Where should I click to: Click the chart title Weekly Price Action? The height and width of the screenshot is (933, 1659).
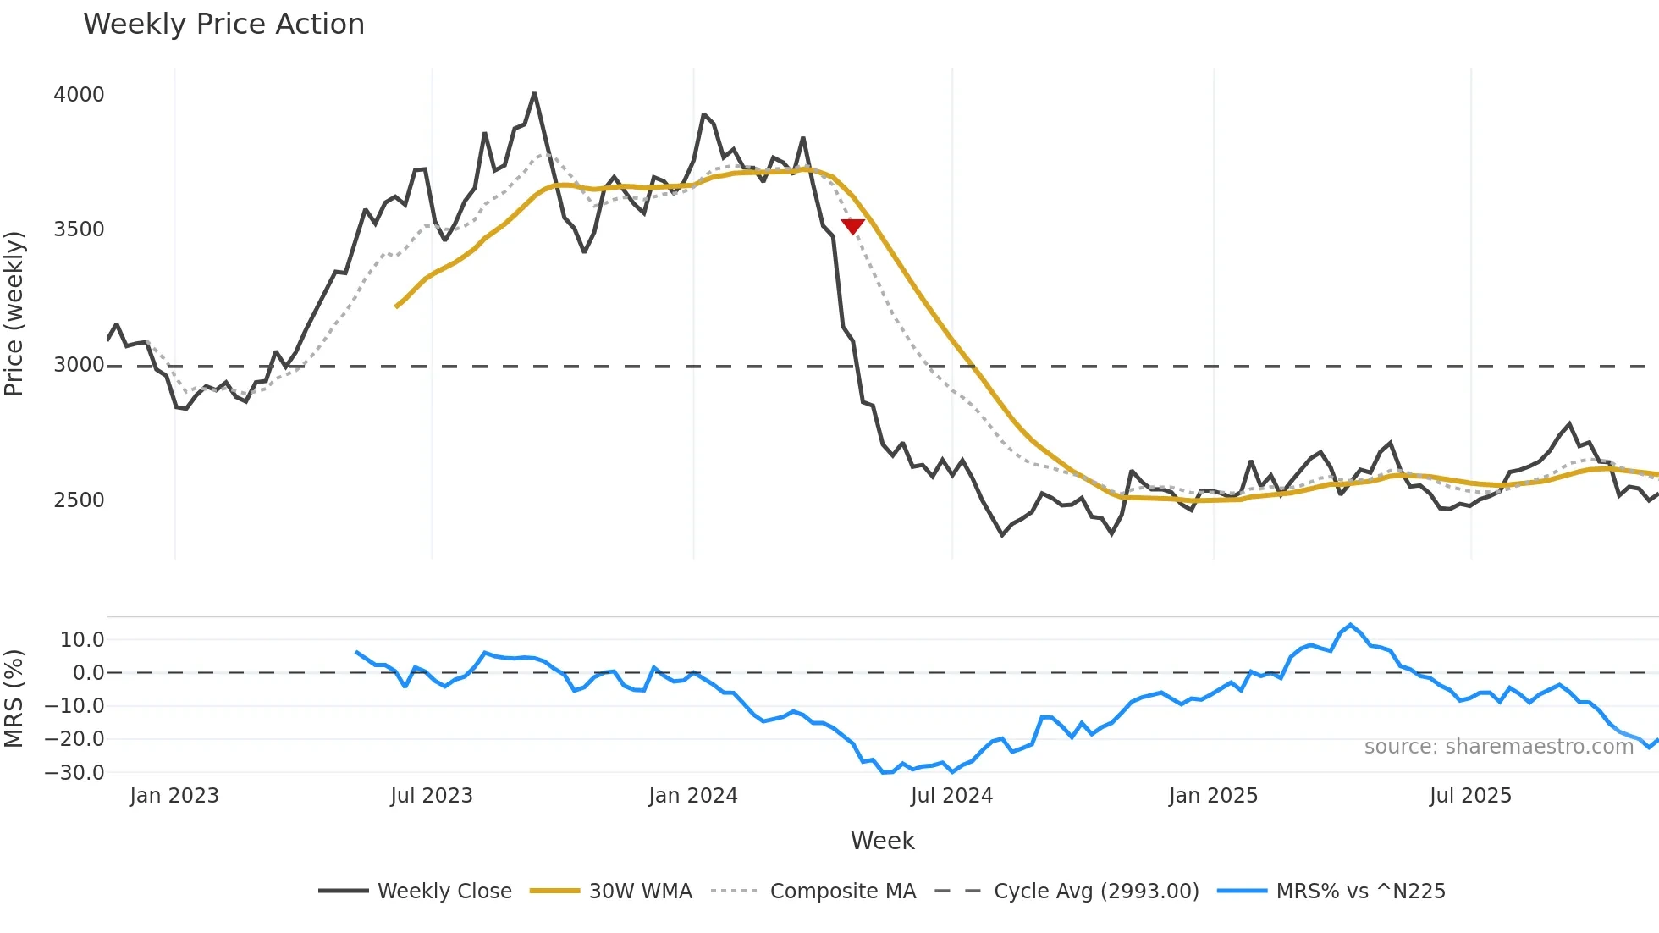click(x=223, y=25)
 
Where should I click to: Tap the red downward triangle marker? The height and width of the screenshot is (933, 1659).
click(x=852, y=226)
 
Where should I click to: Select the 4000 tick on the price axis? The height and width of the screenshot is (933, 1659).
click(x=79, y=94)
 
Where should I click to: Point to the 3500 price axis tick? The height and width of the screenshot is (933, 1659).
click(x=79, y=229)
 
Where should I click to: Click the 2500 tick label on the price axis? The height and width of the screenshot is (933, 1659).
click(x=79, y=500)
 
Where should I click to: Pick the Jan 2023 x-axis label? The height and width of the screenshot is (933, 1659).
click(x=174, y=796)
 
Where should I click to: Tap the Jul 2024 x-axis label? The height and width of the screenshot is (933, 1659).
click(x=951, y=796)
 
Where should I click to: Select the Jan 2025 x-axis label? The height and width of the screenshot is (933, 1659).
click(x=1213, y=796)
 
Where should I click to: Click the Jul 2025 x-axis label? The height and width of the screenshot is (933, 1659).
click(x=1470, y=796)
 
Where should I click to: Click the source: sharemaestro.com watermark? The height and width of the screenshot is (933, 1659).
click(x=1498, y=747)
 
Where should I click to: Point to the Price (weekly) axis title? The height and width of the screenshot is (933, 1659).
click(x=14, y=313)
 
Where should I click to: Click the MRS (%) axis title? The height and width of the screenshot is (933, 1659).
click(x=14, y=698)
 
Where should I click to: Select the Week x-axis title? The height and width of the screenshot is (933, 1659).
click(x=882, y=841)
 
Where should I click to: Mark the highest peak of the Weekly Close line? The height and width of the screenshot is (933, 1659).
click(x=534, y=94)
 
